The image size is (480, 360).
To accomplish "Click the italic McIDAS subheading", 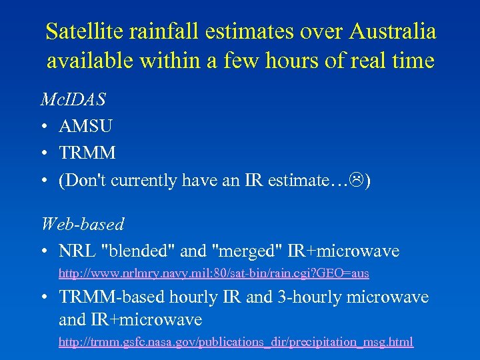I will [73, 99].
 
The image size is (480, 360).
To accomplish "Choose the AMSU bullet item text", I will [85, 126].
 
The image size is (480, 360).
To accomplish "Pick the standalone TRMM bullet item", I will [87, 153].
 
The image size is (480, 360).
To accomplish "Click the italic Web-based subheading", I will [82, 224].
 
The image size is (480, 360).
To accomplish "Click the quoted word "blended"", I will [137, 251].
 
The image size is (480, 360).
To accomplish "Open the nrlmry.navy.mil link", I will [213, 273].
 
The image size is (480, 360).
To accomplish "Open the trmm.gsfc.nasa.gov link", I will [236, 342].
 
